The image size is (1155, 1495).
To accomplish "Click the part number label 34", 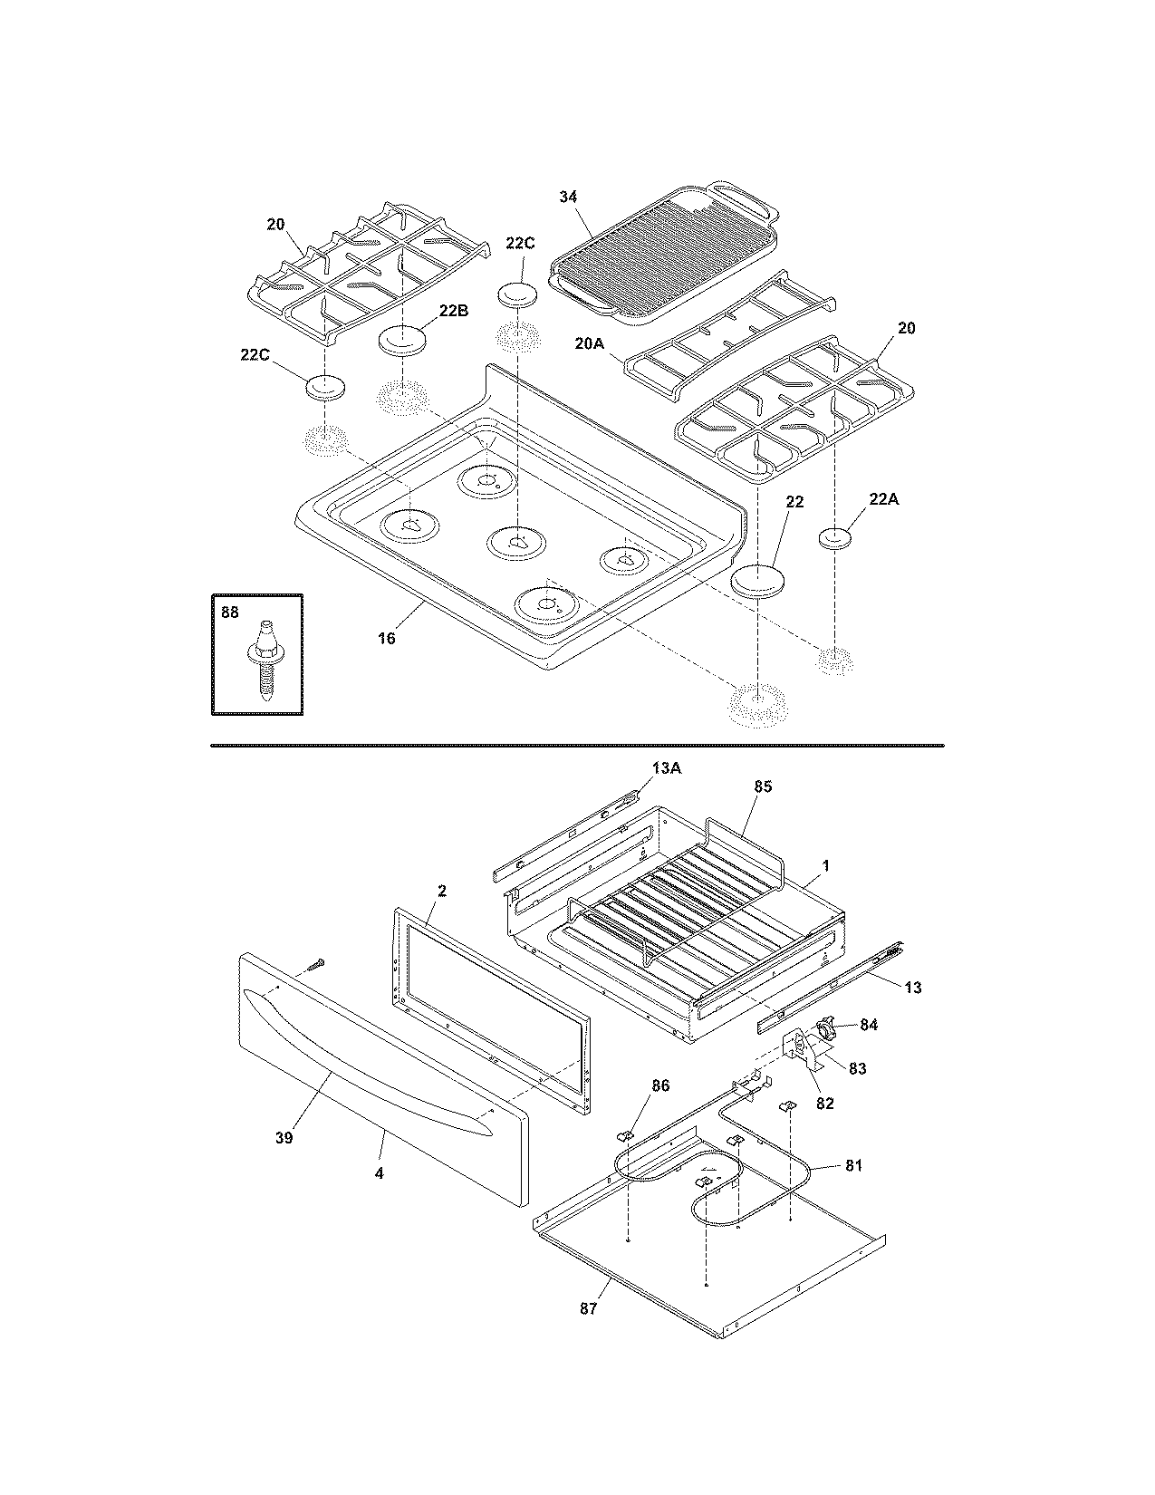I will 568,197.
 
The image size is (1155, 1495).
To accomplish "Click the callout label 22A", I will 883,499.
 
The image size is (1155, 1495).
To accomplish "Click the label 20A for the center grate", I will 589,344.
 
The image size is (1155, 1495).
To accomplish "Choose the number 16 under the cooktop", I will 387,639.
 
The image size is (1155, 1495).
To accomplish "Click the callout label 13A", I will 665,768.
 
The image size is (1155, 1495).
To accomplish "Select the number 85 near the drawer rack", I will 762,786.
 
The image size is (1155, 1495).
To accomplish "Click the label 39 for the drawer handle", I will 284,1138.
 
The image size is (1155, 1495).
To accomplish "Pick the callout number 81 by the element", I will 853,1165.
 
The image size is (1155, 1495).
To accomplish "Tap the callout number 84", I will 869,1025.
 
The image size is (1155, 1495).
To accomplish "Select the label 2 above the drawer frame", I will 441,891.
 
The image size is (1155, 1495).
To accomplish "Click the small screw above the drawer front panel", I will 315,966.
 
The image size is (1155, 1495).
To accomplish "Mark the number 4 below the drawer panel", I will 379,1172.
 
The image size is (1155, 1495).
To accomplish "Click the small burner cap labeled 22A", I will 836,538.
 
